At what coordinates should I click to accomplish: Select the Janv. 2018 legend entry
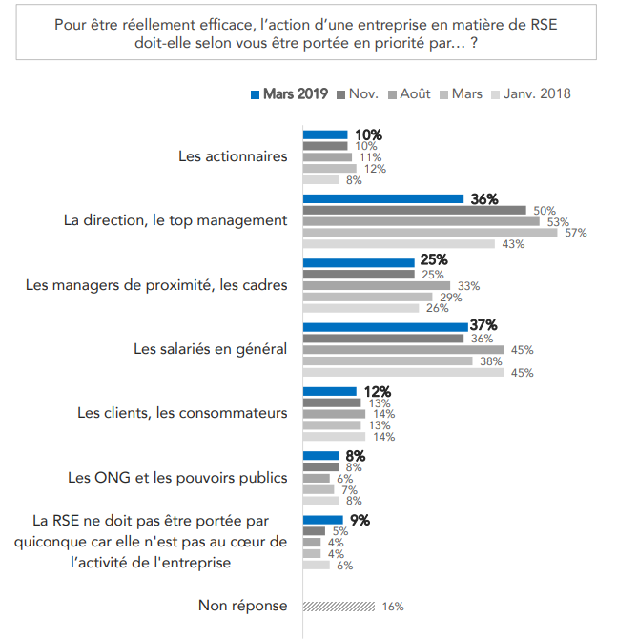tap(530, 93)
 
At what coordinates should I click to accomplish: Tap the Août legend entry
tap(408, 93)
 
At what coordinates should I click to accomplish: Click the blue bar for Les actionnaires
tap(325, 134)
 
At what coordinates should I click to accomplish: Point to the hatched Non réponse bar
tap(339, 606)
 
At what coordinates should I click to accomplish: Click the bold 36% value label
tap(484, 199)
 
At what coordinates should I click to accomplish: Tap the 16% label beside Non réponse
tap(392, 606)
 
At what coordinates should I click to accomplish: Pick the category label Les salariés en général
tap(210, 349)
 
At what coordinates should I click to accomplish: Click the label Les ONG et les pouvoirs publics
tap(177, 477)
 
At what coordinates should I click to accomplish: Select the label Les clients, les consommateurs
tap(182, 413)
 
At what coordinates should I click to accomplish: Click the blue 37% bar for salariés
tap(385, 327)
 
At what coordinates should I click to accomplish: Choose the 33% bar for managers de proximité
tap(376, 285)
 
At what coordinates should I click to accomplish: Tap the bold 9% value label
tap(359, 520)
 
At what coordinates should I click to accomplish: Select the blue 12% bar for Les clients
tap(329, 391)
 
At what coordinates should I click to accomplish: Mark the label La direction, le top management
tap(175, 220)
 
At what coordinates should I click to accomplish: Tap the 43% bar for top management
tap(399, 243)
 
